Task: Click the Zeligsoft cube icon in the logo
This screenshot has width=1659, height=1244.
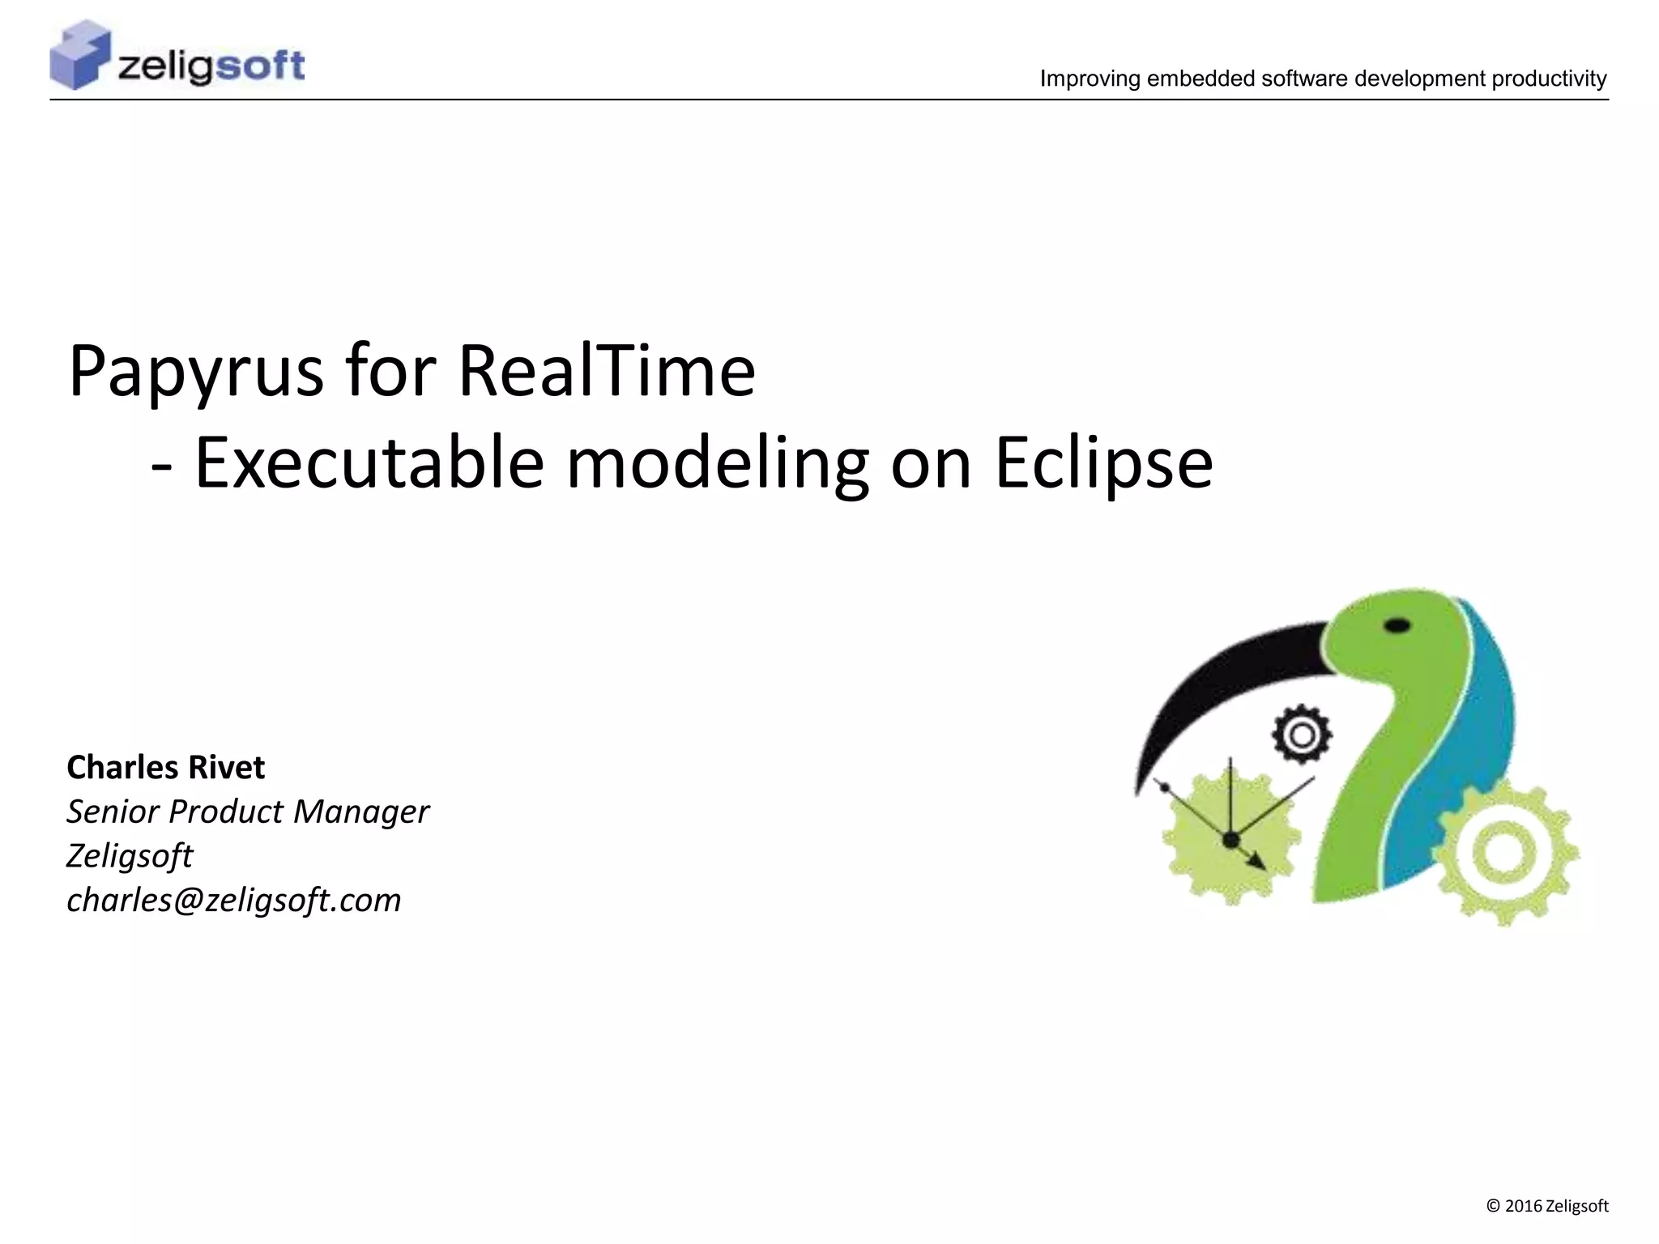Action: (79, 56)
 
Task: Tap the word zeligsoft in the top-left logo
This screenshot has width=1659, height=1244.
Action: (211, 66)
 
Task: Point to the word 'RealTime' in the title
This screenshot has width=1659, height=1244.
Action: (607, 371)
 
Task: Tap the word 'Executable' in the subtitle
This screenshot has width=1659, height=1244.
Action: (369, 464)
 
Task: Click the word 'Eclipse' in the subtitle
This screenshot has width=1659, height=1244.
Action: (1103, 464)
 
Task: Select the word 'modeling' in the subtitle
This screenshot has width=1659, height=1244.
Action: (717, 464)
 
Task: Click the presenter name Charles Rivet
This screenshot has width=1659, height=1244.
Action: (165, 768)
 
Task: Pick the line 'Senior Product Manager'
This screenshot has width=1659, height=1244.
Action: (247, 812)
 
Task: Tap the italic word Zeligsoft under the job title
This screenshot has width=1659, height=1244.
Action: (130, 856)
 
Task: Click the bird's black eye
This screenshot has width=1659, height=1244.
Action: (1397, 625)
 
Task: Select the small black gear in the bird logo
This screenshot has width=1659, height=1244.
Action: (1301, 735)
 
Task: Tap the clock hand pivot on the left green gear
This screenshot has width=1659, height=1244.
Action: (1230, 840)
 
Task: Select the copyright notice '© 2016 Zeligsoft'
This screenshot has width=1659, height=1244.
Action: (1547, 1206)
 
